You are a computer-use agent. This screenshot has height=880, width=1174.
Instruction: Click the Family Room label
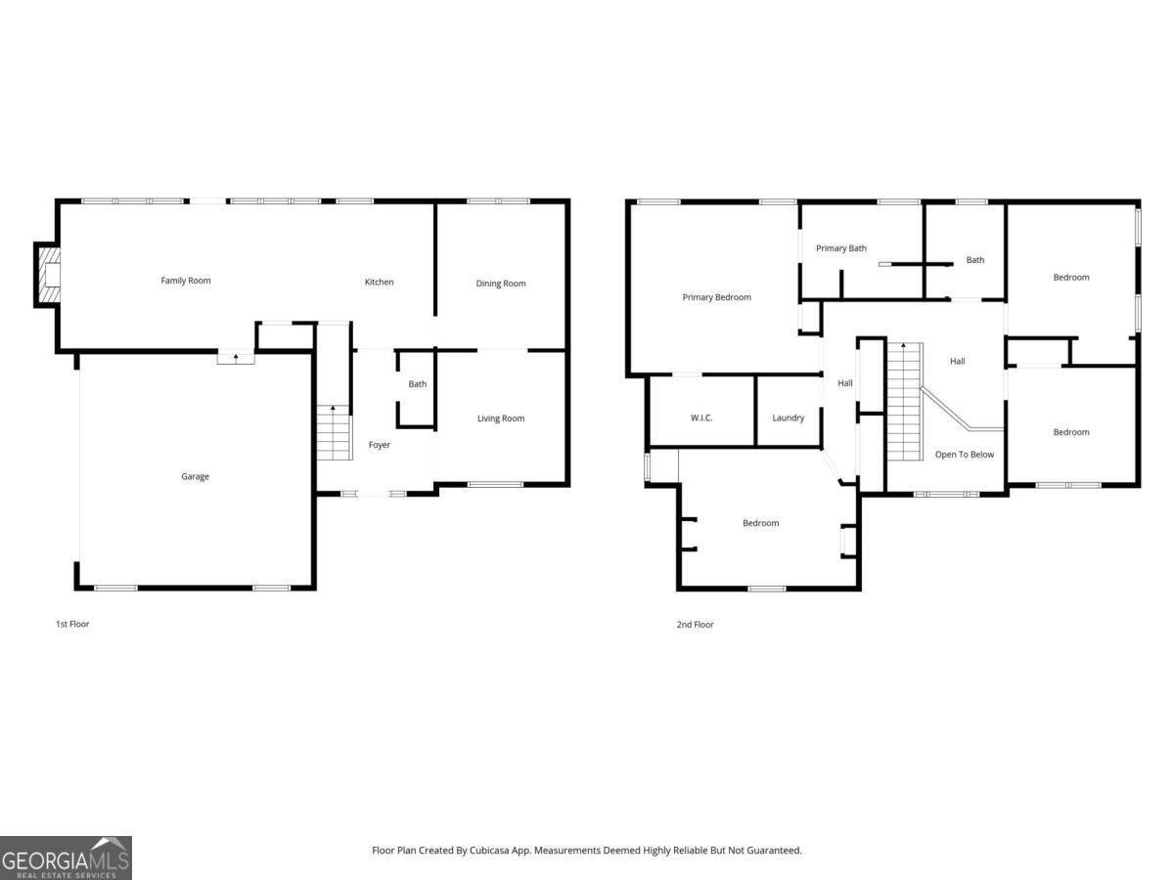[186, 281]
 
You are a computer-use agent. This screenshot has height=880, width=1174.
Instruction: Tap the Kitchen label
[379, 282]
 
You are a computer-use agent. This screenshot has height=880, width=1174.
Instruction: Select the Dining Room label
[501, 284]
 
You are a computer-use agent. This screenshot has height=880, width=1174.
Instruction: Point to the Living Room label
[501, 418]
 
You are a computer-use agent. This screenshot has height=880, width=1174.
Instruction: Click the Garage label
[195, 476]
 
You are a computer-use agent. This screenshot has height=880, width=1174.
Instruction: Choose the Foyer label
[379, 445]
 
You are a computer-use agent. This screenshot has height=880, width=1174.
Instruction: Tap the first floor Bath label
[418, 384]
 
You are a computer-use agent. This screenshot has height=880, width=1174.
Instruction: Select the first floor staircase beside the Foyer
[334, 435]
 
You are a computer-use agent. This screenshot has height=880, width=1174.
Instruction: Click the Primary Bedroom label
[717, 297]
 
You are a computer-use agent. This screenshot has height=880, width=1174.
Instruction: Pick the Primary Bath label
[841, 248]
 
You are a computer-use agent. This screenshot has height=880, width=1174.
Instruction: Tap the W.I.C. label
[701, 418]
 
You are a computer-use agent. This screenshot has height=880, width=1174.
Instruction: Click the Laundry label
[789, 418]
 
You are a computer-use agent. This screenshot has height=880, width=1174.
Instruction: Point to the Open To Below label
[965, 455]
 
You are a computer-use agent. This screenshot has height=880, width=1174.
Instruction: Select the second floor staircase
[904, 406]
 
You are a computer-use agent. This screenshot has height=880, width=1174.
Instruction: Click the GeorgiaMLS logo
[66, 858]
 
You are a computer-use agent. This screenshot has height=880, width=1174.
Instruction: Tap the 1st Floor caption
[72, 624]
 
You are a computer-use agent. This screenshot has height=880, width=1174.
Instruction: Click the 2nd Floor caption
[695, 624]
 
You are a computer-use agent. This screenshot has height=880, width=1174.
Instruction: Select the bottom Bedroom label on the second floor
[760, 523]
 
